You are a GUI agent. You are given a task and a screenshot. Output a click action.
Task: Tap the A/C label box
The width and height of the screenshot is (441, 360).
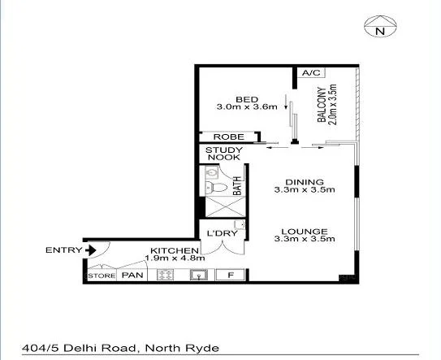point(310,73)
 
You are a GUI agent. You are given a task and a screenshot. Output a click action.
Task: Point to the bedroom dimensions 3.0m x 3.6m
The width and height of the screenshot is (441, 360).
point(247,106)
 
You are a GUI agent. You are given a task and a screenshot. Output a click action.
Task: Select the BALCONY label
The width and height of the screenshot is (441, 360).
point(322,106)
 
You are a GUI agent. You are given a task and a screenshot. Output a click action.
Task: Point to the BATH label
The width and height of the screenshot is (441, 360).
point(238,187)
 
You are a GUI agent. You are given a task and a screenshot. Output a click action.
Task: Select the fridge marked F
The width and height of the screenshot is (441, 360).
point(231,275)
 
